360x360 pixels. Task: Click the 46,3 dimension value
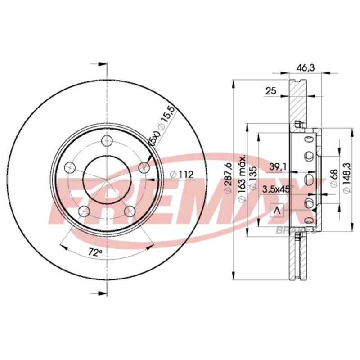point(305,68)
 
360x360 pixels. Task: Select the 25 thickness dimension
point(271,91)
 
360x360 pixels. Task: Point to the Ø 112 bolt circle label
point(182,175)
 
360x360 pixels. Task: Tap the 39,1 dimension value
point(278,167)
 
